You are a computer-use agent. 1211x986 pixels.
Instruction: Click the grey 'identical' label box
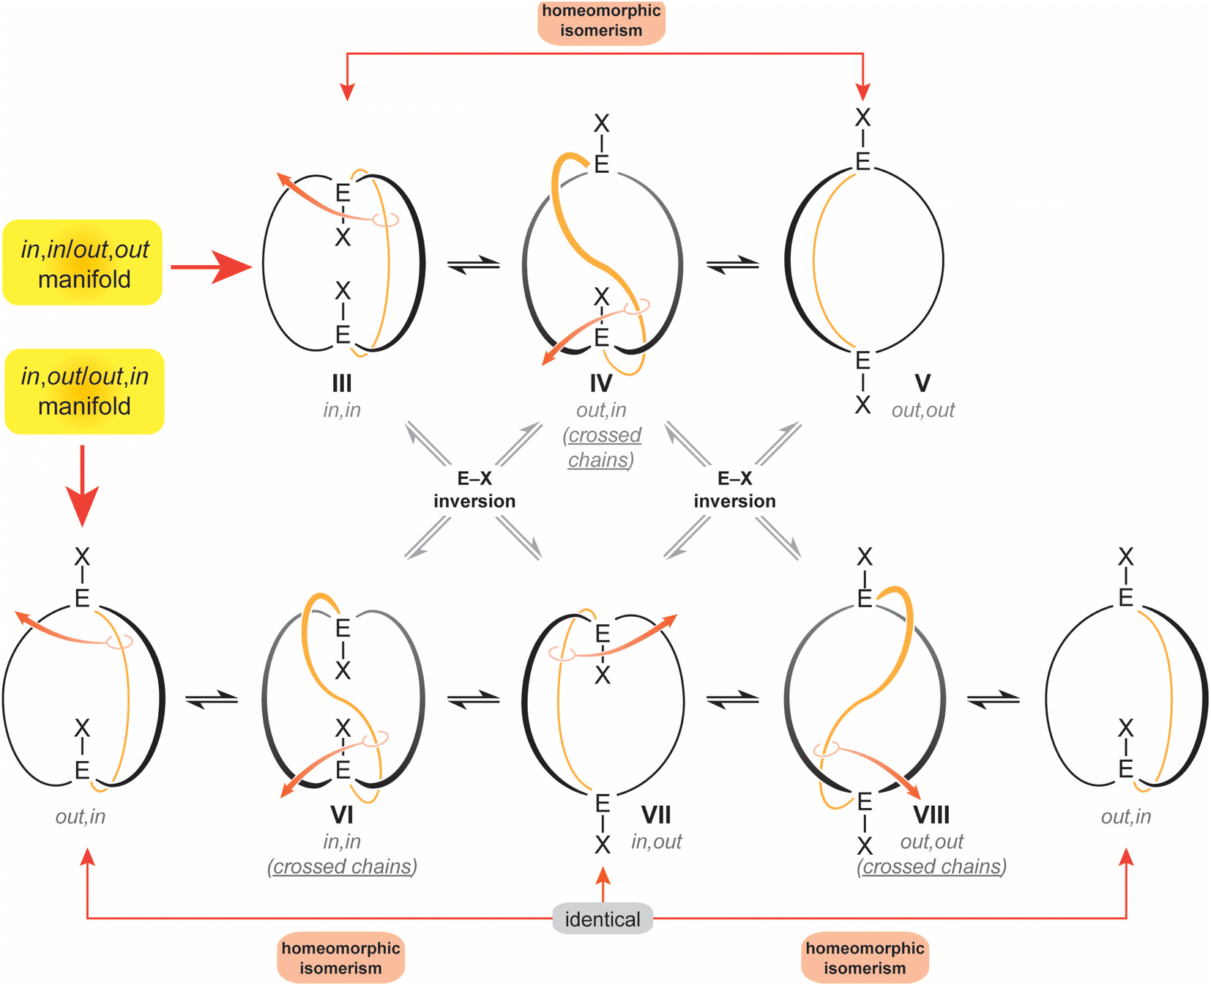(x=602, y=919)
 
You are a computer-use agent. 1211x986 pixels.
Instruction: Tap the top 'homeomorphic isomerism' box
(x=601, y=21)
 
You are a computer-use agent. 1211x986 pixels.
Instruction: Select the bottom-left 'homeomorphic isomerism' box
(x=340, y=957)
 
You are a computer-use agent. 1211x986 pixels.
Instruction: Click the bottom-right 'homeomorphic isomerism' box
(x=865, y=957)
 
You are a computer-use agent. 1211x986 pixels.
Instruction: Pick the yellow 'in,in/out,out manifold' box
(x=83, y=263)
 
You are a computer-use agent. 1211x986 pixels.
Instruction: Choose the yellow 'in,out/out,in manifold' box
(x=84, y=391)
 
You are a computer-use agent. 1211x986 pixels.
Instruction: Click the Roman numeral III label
(x=342, y=383)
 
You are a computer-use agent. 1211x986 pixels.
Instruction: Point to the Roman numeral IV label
(x=601, y=383)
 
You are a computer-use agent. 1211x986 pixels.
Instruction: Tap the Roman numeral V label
(x=923, y=383)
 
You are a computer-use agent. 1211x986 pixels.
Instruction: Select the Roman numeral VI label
(x=342, y=815)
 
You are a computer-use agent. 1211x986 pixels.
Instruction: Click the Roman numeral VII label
(x=656, y=815)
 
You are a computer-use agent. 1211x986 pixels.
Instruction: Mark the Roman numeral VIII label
(x=931, y=815)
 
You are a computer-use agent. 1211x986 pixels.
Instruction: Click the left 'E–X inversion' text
(x=474, y=490)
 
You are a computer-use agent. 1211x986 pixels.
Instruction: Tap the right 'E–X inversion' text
(x=734, y=490)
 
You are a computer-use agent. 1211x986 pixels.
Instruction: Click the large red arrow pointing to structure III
(x=212, y=267)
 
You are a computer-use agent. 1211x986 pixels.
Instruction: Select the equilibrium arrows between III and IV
(x=473, y=265)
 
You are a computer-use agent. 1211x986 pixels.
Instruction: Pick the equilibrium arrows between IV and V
(x=733, y=264)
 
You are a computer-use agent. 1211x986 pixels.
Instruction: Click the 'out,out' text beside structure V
(x=923, y=410)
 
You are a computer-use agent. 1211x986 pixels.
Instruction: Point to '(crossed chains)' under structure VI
(x=342, y=867)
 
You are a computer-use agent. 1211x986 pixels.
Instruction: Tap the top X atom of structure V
(x=863, y=117)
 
